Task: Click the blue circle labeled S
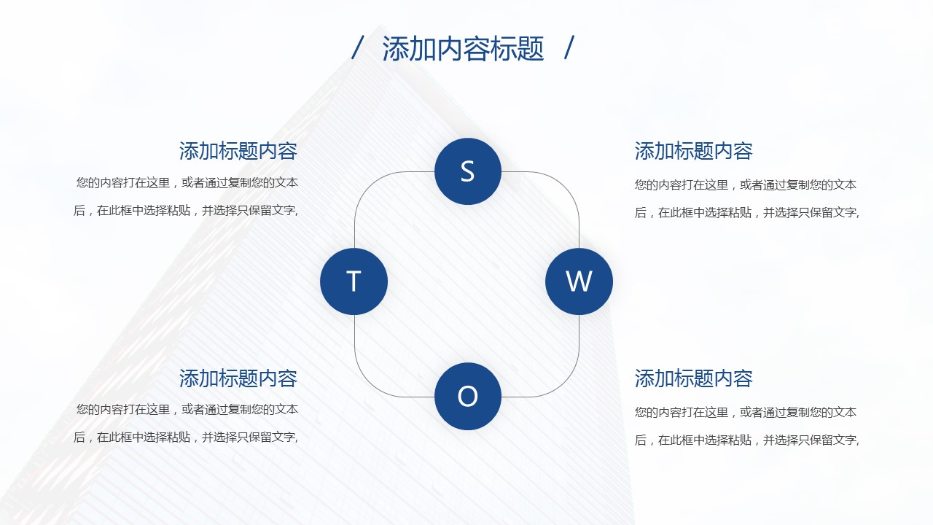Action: click(x=468, y=171)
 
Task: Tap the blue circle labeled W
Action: click(x=579, y=281)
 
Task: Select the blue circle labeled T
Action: click(x=354, y=281)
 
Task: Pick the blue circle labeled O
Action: click(x=468, y=396)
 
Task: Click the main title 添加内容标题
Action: click(x=463, y=49)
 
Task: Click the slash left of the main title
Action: click(x=358, y=47)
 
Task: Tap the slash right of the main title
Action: click(x=569, y=47)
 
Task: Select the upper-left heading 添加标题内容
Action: click(x=238, y=151)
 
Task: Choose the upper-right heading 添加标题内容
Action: click(x=693, y=151)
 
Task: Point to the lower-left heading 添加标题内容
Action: click(x=238, y=378)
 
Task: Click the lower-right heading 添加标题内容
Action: click(x=693, y=378)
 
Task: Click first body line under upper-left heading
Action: click(x=187, y=183)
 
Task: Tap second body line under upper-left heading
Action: click(x=186, y=211)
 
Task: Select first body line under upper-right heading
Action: click(x=746, y=184)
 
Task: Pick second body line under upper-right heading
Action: click(x=747, y=212)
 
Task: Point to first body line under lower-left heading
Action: click(x=187, y=410)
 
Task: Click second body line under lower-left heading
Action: click(x=186, y=437)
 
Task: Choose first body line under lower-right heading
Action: click(x=746, y=413)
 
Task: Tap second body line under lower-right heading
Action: click(x=747, y=440)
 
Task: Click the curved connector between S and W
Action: click(x=564, y=186)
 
